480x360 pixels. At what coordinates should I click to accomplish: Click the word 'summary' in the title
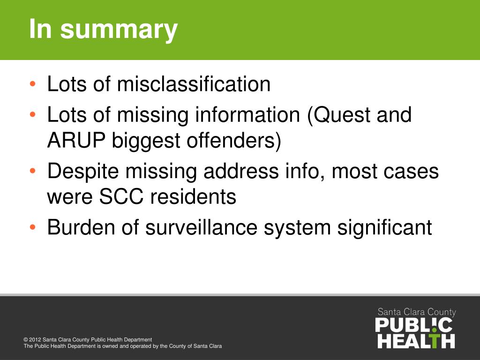tap(119, 29)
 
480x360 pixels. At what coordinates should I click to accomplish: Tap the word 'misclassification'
tap(194, 84)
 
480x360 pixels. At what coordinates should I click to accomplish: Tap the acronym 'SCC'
tap(124, 197)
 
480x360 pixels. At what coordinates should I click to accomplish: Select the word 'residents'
tap(193, 197)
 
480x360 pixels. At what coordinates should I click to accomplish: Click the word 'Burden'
tap(79, 227)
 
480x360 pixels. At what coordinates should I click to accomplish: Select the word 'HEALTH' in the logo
tap(416, 341)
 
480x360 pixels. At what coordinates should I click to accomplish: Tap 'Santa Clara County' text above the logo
tap(417, 312)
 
